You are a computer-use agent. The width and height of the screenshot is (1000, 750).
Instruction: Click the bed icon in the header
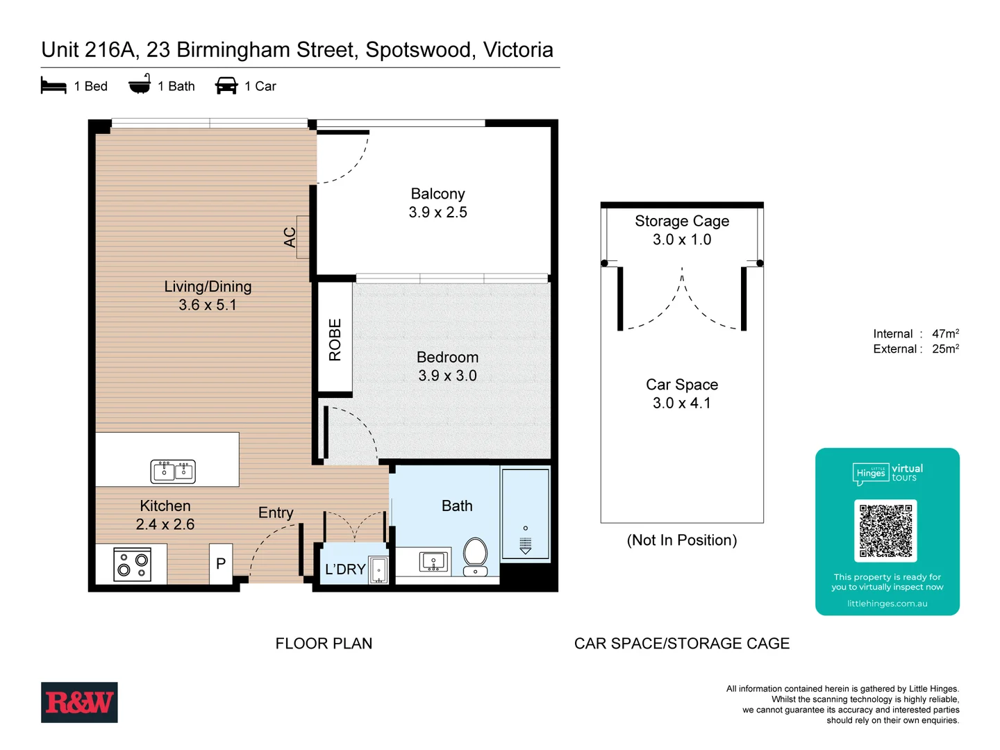pos(53,85)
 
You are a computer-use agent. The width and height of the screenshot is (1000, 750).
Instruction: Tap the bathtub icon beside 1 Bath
pos(140,84)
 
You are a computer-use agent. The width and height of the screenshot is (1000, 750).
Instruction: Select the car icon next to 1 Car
pos(226,85)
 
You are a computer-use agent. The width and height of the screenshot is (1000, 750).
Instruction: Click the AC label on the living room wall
pos(290,237)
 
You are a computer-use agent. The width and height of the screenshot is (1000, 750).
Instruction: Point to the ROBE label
pos(335,340)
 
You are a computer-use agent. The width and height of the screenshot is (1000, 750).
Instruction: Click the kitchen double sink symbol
pos(173,471)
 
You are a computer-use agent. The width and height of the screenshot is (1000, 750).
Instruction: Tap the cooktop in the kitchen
pos(132,565)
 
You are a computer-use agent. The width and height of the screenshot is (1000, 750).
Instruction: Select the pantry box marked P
pos(221,563)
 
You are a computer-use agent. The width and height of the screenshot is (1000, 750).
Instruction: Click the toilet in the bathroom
pos(475,555)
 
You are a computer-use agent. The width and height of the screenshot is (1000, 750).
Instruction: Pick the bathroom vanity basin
pos(433,561)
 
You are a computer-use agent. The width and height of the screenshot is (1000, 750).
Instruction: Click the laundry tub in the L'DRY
pos(378,570)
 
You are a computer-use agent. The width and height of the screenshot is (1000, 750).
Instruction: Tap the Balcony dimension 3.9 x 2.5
pos(437,212)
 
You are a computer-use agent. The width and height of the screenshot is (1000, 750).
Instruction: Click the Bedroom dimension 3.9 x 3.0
pos(447,376)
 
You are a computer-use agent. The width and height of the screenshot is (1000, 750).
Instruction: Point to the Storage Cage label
pos(681,221)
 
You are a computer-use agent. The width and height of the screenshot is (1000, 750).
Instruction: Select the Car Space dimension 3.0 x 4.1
pos(681,403)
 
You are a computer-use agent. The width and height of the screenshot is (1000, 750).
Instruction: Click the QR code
pos(885,531)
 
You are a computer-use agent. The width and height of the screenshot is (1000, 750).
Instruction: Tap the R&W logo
pos(79,702)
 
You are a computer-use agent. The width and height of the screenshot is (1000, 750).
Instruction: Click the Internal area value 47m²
pos(945,334)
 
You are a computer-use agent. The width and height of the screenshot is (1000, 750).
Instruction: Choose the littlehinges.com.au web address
pos(887,603)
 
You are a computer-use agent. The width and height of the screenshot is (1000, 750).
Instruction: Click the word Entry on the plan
pos(276,512)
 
